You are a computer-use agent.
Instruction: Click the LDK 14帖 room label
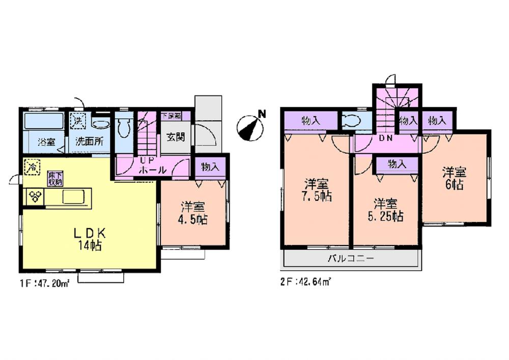point(90,239)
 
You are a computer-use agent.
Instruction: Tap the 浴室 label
point(47,142)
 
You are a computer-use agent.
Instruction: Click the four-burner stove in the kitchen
point(35,197)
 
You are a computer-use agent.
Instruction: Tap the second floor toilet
point(352,121)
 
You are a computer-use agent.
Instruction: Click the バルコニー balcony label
point(350,259)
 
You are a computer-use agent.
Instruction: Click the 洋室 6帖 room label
point(454,178)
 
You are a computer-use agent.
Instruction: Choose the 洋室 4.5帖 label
point(193,213)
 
